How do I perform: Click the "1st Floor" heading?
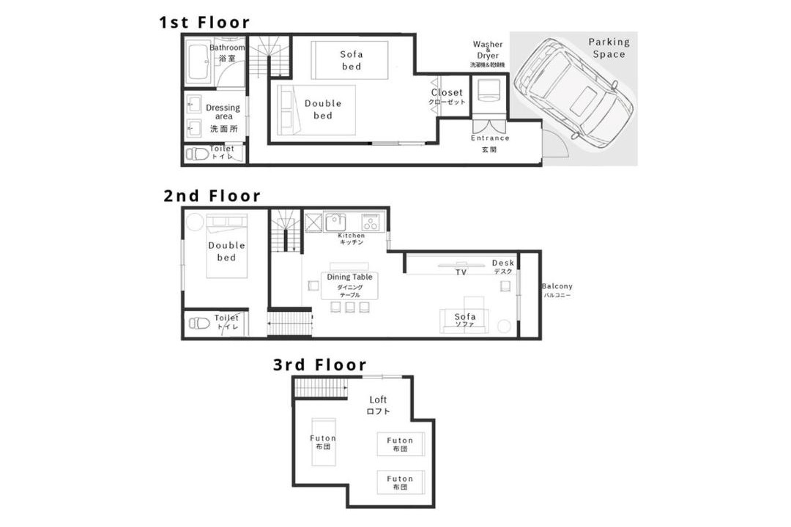(204, 22)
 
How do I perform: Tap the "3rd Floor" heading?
(320, 365)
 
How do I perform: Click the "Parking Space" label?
(609, 48)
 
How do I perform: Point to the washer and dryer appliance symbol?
(489, 90)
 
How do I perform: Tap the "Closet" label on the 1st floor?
(447, 93)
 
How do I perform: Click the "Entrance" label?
(490, 138)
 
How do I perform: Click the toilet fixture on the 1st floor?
(197, 154)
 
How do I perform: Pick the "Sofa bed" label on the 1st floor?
(351, 60)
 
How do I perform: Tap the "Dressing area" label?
(223, 111)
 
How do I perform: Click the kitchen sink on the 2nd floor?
(335, 222)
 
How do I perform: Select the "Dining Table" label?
(349, 277)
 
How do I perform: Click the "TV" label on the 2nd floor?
(461, 272)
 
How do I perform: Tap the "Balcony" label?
(557, 286)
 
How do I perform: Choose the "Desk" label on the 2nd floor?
(503, 263)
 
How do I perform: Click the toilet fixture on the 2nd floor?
(199, 323)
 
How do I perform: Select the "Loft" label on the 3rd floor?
(378, 400)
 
